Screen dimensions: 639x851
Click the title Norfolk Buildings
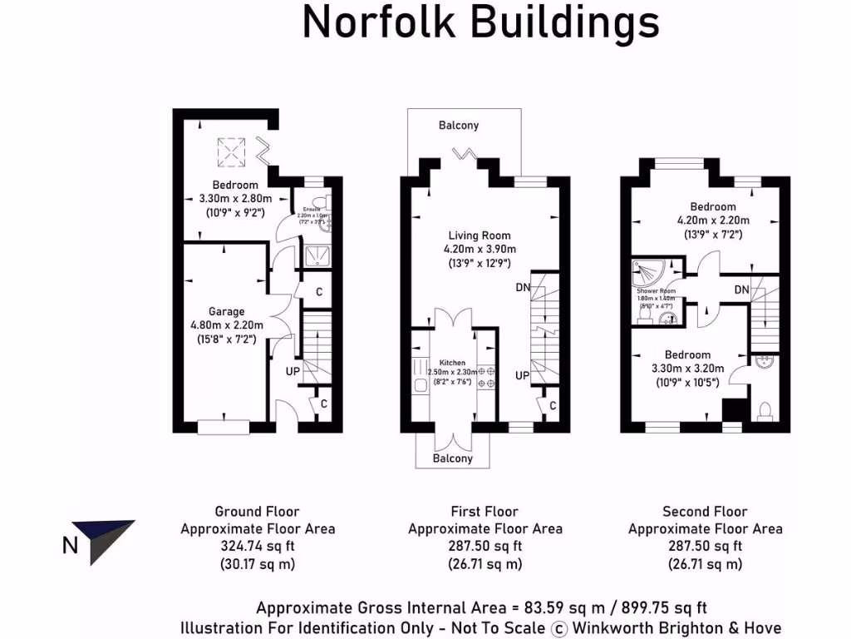480,23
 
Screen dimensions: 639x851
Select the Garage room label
227,312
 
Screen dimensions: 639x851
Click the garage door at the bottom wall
224,427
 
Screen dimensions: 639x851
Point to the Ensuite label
312,211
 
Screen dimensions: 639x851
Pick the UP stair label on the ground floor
293,371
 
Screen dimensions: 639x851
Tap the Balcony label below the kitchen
453,458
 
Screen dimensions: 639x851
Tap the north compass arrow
102,541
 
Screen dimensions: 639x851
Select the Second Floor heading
705,512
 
